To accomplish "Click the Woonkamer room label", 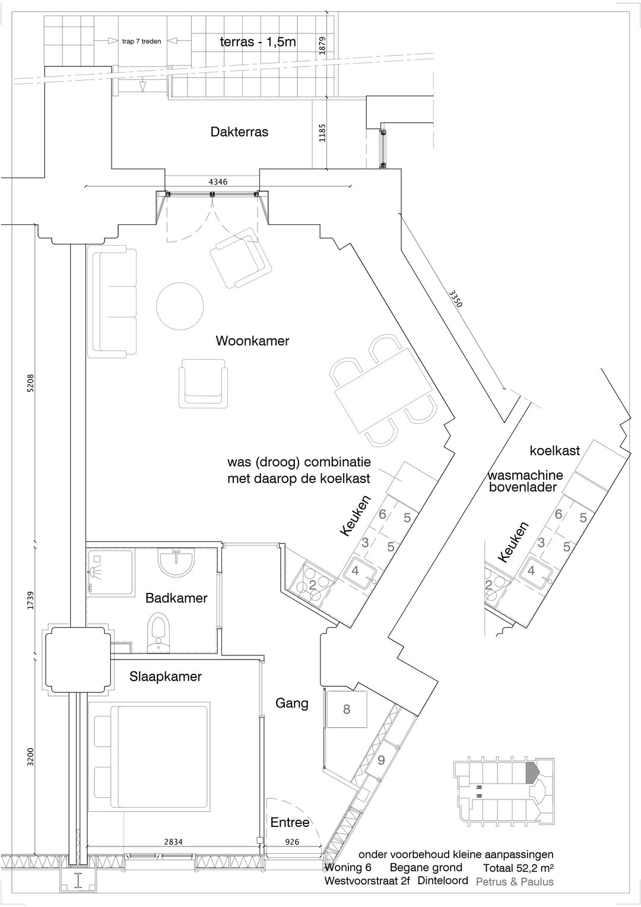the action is (x=252, y=341).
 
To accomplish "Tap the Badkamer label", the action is (x=176, y=598).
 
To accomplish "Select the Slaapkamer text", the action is (x=166, y=677).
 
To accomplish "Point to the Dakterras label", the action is (x=239, y=132).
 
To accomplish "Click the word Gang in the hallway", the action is (x=291, y=703).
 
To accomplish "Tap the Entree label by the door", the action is (x=290, y=822).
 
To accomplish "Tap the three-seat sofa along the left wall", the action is (x=112, y=302).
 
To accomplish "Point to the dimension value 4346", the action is (x=218, y=182).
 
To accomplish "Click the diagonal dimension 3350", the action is (x=455, y=299).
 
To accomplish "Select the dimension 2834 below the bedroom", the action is (x=173, y=842).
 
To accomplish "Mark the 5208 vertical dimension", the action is (x=31, y=383).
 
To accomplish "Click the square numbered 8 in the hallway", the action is (x=347, y=709).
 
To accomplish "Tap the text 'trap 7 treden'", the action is (x=141, y=42).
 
